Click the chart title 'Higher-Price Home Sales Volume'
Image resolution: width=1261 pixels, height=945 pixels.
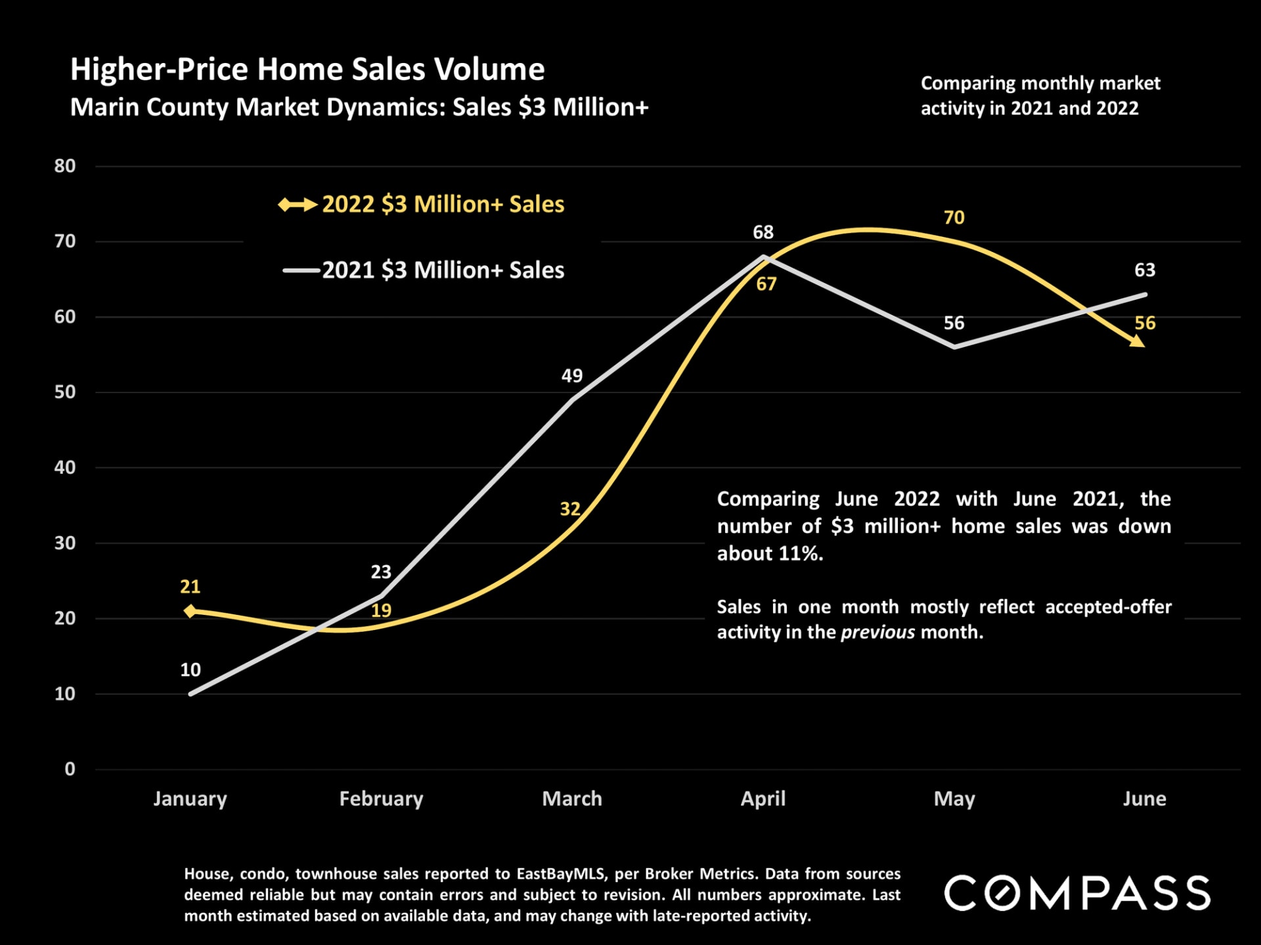pos(307,70)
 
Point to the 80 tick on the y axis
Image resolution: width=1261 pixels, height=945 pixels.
pos(65,166)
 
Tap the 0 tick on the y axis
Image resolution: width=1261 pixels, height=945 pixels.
pos(70,769)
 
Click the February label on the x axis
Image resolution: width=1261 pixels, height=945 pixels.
pos(381,799)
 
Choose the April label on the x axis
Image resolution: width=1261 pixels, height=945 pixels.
pos(763,799)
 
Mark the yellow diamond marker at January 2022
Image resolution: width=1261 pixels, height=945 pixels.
pos(190,611)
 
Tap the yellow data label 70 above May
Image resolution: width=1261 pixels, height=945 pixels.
pos(954,217)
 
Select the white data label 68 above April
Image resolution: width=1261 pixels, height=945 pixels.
pos(763,232)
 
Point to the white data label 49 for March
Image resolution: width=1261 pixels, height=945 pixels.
pos(571,375)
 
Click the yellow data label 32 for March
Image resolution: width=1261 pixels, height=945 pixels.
pos(570,509)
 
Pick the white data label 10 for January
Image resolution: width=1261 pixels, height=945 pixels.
pos(190,669)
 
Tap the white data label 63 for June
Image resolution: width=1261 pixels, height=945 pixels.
pos(1145,270)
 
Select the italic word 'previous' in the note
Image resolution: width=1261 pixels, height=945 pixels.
pos(877,632)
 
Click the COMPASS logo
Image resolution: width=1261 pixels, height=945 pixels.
pos(1077,893)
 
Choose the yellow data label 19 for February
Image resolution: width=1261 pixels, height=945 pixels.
pos(381,610)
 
